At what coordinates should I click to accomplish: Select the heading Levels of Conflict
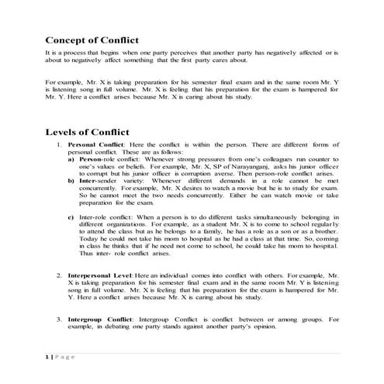coord(88,133)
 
